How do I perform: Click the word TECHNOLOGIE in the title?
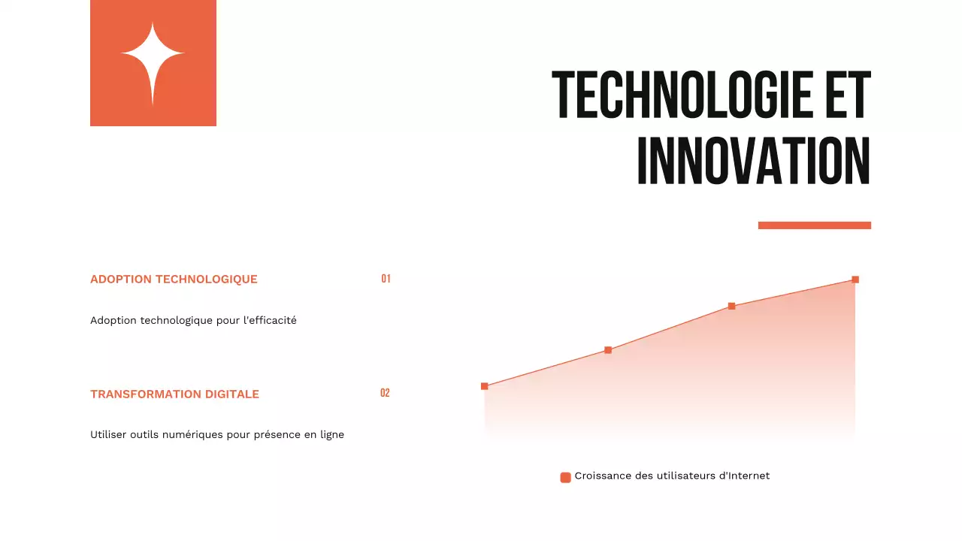[x=677, y=95]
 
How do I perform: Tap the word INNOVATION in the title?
[x=753, y=162]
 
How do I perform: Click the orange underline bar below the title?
[x=814, y=225]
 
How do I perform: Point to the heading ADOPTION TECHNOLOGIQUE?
[x=174, y=280]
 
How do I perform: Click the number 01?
[x=386, y=279]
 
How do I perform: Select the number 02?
[x=385, y=393]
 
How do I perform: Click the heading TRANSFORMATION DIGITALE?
[x=174, y=394]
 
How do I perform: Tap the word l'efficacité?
[x=270, y=320]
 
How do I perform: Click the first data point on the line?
[x=484, y=386]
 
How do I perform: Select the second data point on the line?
[x=608, y=350]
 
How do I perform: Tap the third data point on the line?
[x=731, y=307]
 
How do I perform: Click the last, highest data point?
[x=855, y=280]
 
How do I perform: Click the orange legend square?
[x=565, y=477]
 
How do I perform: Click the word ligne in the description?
[x=331, y=434]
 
